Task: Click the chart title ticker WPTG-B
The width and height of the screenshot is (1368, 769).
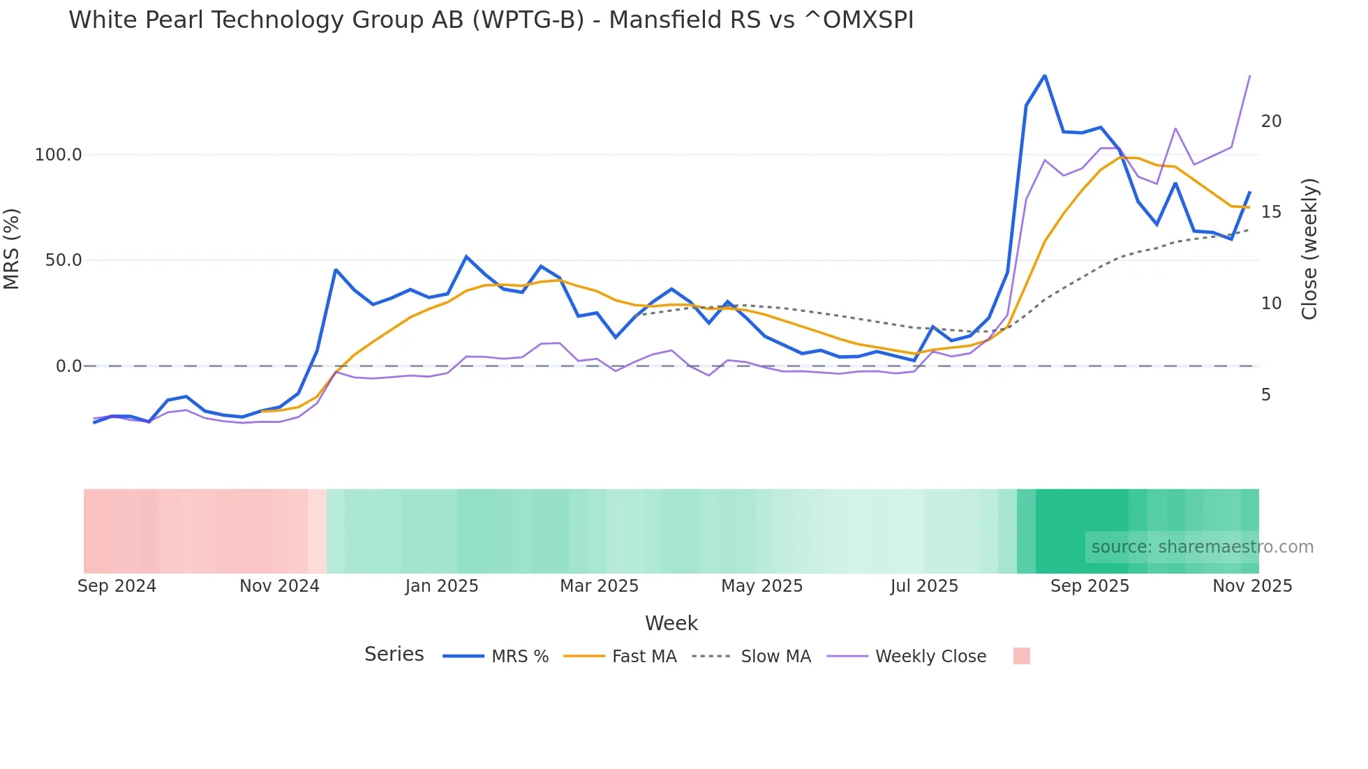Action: tap(528, 20)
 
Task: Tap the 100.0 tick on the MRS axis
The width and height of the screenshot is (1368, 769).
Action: tap(59, 155)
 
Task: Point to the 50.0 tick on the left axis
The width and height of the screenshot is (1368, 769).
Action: tap(64, 260)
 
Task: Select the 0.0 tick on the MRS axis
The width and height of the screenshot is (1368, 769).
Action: tap(68, 366)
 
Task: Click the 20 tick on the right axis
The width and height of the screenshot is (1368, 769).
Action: tap(1271, 121)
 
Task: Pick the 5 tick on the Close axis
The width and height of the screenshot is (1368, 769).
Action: tap(1266, 395)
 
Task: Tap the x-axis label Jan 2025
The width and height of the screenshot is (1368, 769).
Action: tap(442, 586)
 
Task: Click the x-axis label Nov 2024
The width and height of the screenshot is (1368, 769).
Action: tap(279, 586)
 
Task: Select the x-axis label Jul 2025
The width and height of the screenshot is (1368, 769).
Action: tap(924, 586)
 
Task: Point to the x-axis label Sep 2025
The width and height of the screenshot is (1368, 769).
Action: tap(1090, 586)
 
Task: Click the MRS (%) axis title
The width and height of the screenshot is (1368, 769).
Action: tap(12, 248)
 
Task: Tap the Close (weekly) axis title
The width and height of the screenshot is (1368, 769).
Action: tap(1309, 249)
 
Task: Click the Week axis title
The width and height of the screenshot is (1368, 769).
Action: tap(671, 623)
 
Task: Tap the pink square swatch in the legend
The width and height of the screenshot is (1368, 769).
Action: tap(1021, 656)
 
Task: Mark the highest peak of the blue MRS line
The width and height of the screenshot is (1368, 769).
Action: tap(1044, 75)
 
